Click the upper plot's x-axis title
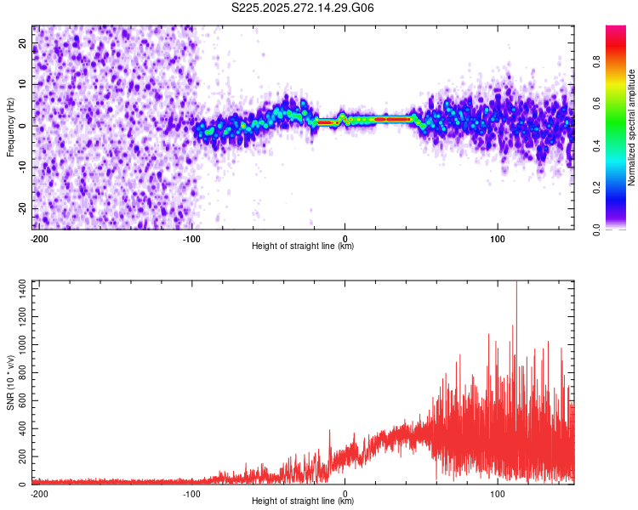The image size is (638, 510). click(x=303, y=246)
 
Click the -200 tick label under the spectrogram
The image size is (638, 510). click(x=38, y=237)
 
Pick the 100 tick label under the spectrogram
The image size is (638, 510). click(x=498, y=237)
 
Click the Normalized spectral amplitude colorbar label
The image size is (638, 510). click(x=632, y=127)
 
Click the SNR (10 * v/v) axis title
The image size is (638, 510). click(x=10, y=382)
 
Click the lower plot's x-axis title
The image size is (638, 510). click(x=303, y=501)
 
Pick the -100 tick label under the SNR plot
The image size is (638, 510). click(x=191, y=492)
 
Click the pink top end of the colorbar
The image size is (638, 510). click(x=616, y=31)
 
